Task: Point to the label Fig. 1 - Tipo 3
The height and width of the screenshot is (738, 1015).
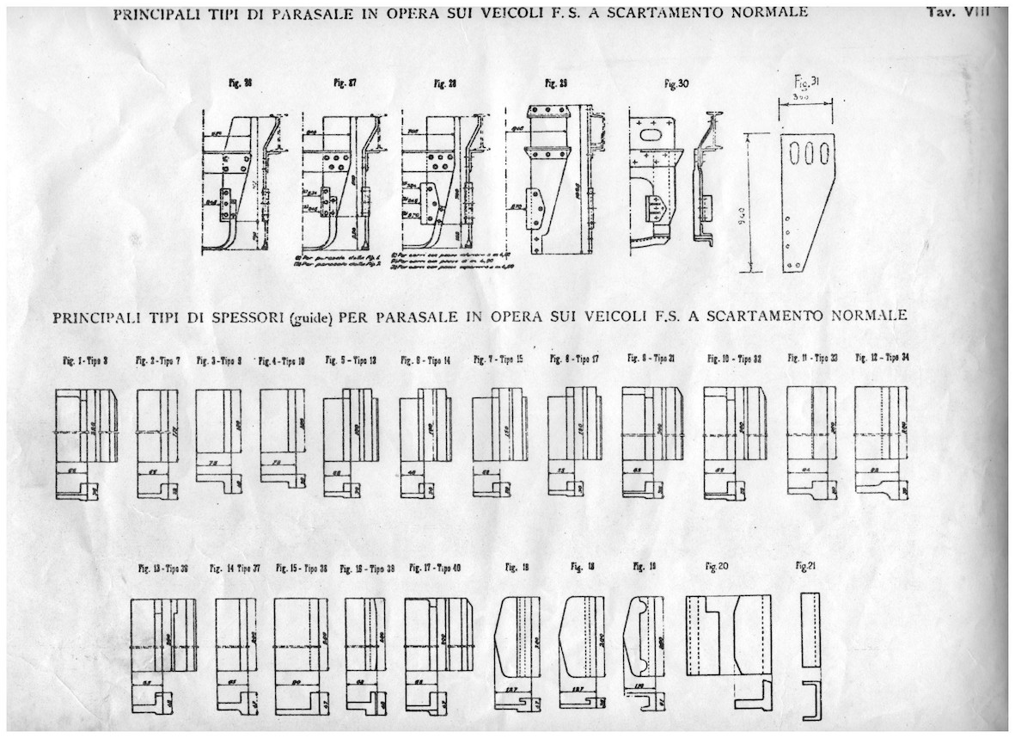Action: [83, 360]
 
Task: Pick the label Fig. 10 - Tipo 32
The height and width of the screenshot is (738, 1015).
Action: [736, 359]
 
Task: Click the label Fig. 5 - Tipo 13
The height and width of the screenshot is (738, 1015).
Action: [352, 360]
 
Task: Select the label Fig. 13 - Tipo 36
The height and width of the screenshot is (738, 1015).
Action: [163, 569]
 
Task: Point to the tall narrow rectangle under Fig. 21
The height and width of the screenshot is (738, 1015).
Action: [810, 629]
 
